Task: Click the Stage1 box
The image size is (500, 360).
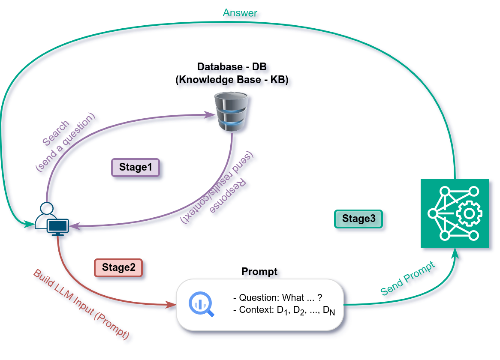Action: click(136, 167)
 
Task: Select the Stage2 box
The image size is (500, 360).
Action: click(118, 267)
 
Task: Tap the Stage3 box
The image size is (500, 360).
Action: click(358, 219)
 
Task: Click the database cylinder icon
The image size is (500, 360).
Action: click(232, 111)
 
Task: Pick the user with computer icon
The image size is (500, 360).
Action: click(51, 219)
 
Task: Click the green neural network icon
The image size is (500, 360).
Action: click(455, 213)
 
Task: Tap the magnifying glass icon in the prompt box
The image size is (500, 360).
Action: click(201, 304)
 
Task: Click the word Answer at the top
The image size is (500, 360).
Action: click(240, 13)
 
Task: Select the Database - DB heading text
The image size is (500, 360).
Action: click(232, 66)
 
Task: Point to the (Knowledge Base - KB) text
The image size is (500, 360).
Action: click(232, 79)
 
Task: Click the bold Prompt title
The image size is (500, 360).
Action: click(259, 271)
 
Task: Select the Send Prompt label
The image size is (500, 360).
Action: click(408, 279)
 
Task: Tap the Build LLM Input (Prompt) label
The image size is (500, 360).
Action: click(81, 304)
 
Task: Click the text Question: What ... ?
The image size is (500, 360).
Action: click(278, 297)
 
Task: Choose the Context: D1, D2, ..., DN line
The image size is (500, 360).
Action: click(284, 310)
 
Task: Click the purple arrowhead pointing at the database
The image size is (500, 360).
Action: click(210, 115)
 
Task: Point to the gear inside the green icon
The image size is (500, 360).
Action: click(469, 213)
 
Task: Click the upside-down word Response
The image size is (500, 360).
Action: click(228, 196)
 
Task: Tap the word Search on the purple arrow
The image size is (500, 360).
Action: click(56, 133)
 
